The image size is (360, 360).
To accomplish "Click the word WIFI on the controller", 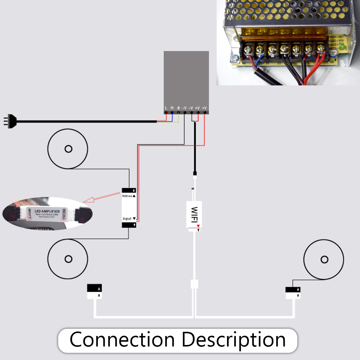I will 194,215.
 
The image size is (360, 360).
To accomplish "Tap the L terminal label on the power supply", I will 166,108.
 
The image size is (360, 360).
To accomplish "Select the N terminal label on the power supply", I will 172,108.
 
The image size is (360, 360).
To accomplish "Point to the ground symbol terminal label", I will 178,108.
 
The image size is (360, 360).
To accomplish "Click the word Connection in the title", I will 122,340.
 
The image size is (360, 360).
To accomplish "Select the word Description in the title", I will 234,340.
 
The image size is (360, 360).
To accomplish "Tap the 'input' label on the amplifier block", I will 127,219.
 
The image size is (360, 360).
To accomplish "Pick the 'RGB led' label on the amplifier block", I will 127,196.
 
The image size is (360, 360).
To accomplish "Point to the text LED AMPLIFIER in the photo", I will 47,211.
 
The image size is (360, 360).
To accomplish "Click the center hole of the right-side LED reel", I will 324,259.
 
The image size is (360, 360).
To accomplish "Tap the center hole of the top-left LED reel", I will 68,149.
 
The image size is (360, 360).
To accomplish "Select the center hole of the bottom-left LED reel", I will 68,259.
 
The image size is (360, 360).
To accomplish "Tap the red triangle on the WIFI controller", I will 198,226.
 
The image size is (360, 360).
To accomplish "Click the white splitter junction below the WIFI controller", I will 194,284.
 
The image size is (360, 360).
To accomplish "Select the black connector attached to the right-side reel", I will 293,290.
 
